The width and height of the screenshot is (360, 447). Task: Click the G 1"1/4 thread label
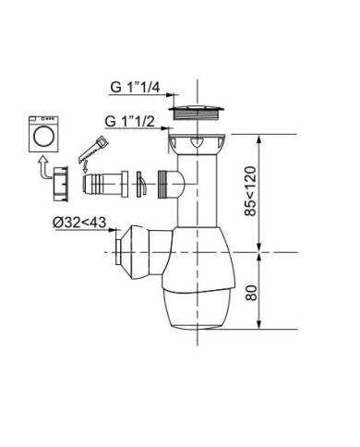tap(135, 88)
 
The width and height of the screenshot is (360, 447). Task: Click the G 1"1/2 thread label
tap(129, 122)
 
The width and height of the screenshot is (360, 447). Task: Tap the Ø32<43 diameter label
tap(79, 222)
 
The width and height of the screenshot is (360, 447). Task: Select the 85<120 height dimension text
tap(251, 191)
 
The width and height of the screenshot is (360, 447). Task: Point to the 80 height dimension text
tap(251, 293)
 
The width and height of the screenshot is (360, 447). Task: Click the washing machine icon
tap(43, 134)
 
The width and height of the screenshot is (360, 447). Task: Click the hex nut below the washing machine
tap(61, 184)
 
